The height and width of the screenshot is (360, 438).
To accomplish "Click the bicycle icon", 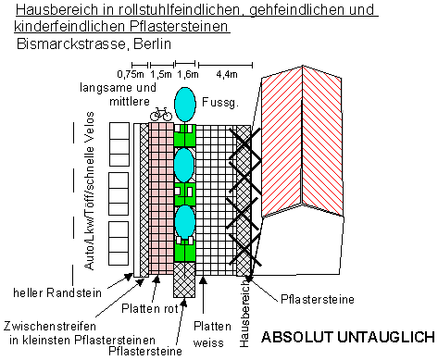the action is point(160,114).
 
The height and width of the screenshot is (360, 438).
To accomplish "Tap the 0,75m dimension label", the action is point(131,74).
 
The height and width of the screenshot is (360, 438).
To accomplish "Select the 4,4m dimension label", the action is point(227,74).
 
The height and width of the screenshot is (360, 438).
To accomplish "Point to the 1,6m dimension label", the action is point(188,74).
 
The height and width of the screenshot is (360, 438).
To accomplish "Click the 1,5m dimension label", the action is point(161,74).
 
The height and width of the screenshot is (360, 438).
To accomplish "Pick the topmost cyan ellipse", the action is point(185,105).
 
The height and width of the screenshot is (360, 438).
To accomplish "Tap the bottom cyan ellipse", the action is point(185,222).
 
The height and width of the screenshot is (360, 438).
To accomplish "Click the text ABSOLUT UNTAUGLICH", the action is point(348,337).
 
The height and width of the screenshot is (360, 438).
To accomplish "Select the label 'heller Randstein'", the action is point(57,292).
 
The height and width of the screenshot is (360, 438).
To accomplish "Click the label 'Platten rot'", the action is point(150,308).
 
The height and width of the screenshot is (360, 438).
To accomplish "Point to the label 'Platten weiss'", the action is point(212,334).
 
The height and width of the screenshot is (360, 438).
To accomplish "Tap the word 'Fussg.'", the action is point(220,102).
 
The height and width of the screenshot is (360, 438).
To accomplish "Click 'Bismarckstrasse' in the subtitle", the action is point(71,43).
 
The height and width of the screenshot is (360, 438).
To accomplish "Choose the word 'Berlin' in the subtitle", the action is point(152,43).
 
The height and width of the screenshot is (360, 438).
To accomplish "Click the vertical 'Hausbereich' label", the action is point(244,313).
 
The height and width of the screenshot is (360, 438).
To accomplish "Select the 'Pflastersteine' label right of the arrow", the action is point(318,299).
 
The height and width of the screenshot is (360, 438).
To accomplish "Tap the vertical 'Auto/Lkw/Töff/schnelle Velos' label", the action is point(89,191).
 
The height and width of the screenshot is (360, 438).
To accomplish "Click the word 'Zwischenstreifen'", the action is point(50,326).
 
